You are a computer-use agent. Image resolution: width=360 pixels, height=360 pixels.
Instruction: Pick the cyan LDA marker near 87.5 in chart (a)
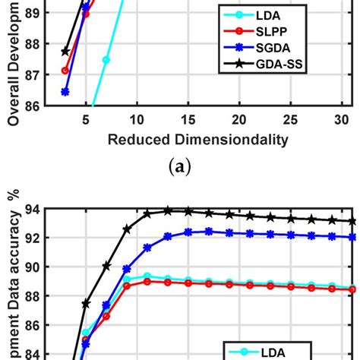pos(106,59)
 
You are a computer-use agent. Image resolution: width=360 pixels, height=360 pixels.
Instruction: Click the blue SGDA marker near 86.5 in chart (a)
pos(65,91)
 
